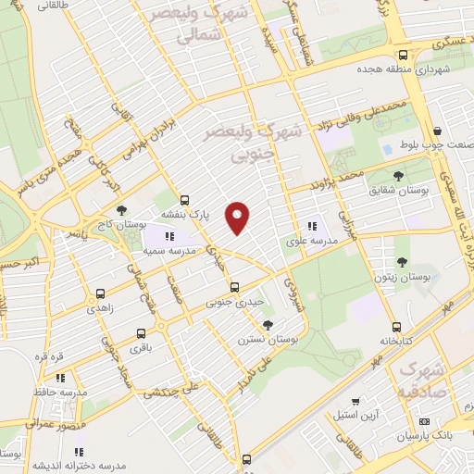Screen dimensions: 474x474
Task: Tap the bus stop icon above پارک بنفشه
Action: click(185, 199)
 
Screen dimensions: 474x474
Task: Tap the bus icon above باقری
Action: click(141, 333)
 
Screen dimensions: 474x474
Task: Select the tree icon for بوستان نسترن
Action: click(268, 324)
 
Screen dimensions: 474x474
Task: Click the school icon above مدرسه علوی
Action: click(312, 225)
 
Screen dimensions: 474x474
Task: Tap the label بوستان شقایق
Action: click(398, 190)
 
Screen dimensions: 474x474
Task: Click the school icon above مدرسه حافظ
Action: click(60, 378)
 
